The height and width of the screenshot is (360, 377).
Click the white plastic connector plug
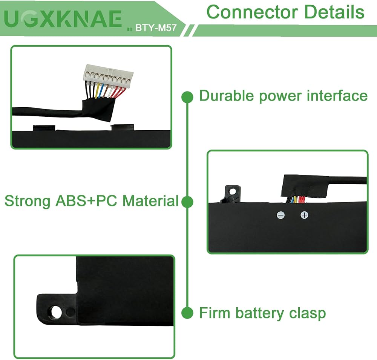101,72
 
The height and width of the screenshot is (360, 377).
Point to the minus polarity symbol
281,215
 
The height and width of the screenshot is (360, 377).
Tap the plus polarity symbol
304,215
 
